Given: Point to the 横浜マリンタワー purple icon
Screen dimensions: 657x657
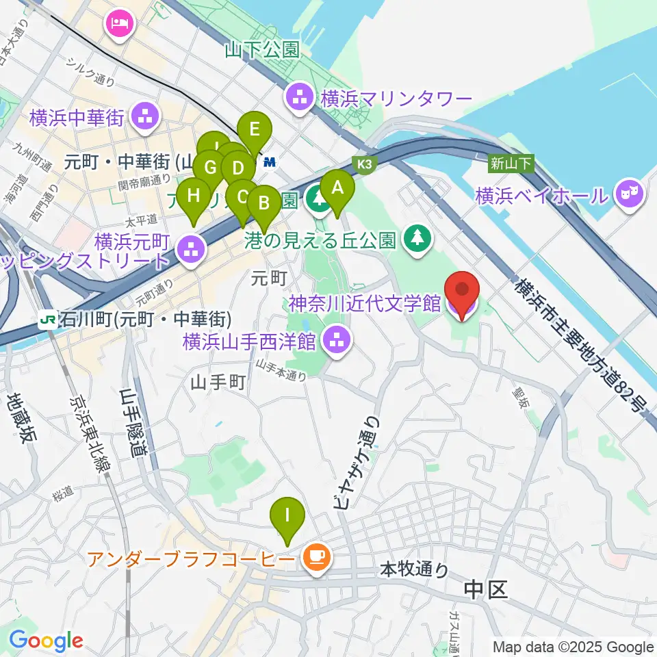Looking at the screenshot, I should (x=300, y=98).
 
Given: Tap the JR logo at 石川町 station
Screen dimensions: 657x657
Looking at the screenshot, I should (x=49, y=320).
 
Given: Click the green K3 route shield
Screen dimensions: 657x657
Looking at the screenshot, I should (x=365, y=164).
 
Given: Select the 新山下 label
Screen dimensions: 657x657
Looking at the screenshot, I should (x=510, y=163).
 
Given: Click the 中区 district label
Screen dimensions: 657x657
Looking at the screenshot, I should (x=485, y=589).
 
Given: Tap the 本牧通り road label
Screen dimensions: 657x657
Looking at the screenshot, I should (x=414, y=569).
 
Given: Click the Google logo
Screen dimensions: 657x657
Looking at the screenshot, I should (x=46, y=641).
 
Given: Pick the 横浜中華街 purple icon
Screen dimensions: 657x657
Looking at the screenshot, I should (x=144, y=117).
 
